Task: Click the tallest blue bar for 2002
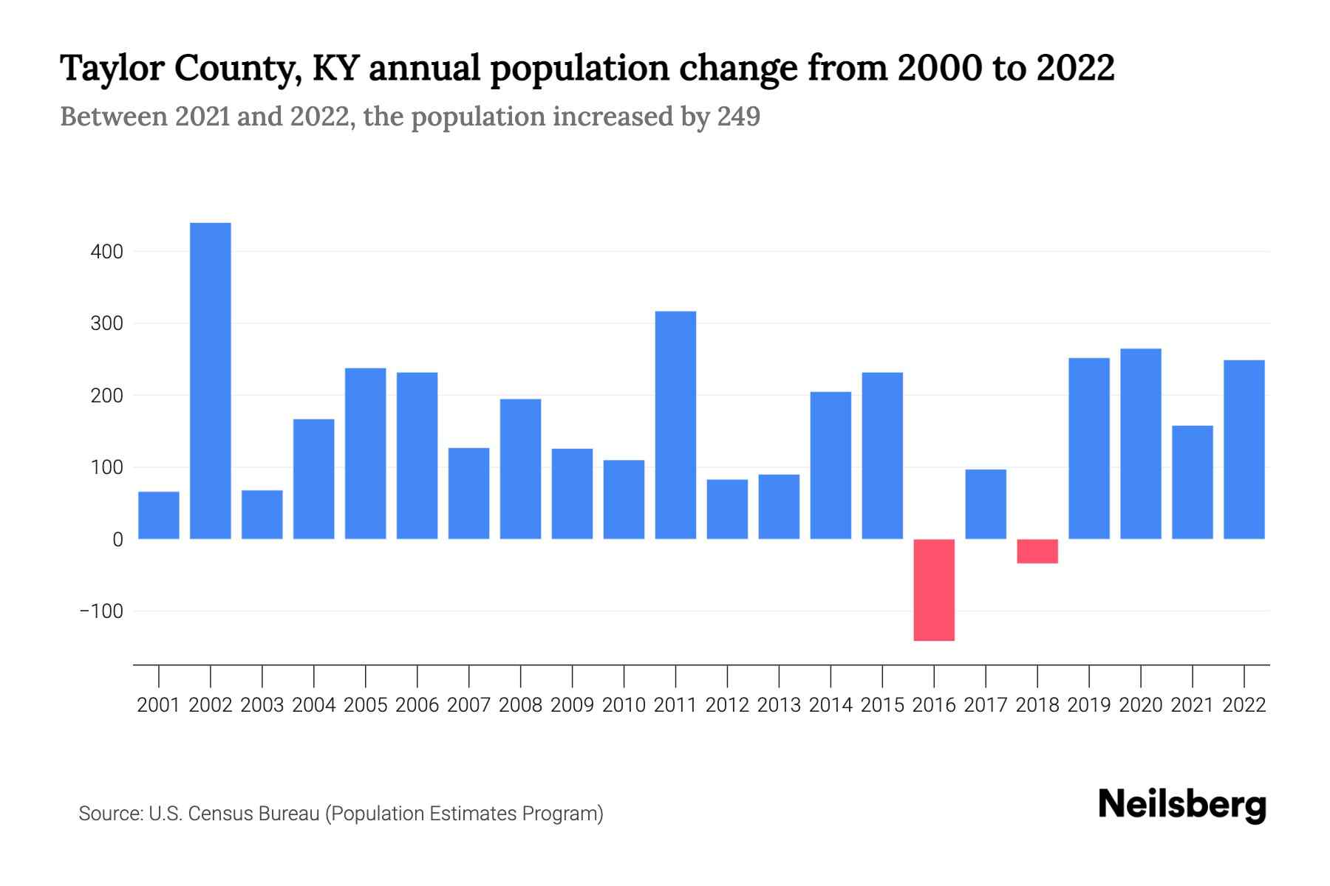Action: (x=211, y=380)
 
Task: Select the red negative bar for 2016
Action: (x=934, y=589)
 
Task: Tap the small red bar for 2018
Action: (x=1037, y=552)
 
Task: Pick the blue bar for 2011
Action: (x=675, y=425)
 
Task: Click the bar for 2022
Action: (x=1244, y=449)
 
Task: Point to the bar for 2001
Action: (x=159, y=515)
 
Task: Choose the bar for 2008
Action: (x=520, y=469)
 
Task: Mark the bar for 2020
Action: (x=1141, y=443)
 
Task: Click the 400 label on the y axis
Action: (x=107, y=252)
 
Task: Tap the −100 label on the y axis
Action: (x=102, y=611)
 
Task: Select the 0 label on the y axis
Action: (x=117, y=540)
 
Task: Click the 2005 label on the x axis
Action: (x=365, y=705)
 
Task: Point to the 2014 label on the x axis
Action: (x=831, y=705)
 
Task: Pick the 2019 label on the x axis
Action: (x=1089, y=705)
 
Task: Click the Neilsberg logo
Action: (x=1182, y=805)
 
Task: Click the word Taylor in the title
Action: (x=110, y=68)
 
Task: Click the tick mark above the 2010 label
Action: (x=624, y=675)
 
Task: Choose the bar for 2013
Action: (x=779, y=506)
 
